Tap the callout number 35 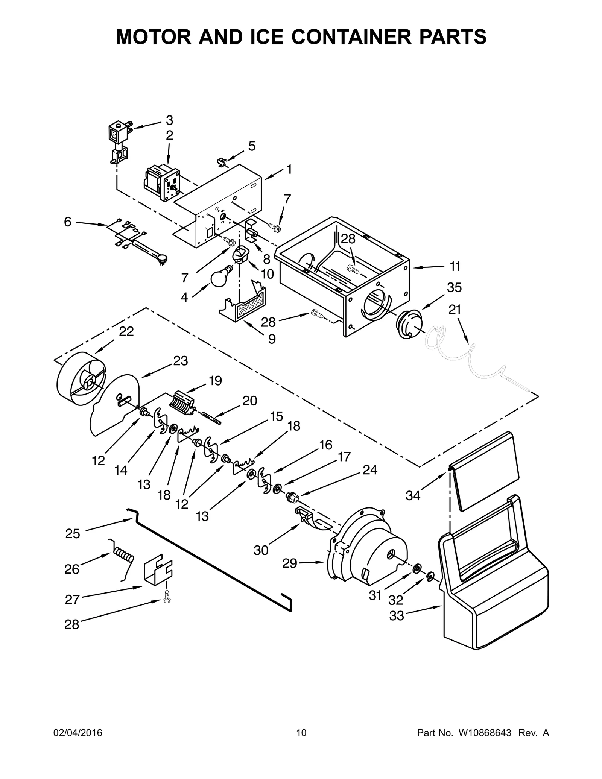454,288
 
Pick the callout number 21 455,310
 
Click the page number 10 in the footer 301,733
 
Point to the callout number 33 396,616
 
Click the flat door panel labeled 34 485,470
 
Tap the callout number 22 126,331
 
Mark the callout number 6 67,222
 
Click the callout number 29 290,574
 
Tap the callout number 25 73,533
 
